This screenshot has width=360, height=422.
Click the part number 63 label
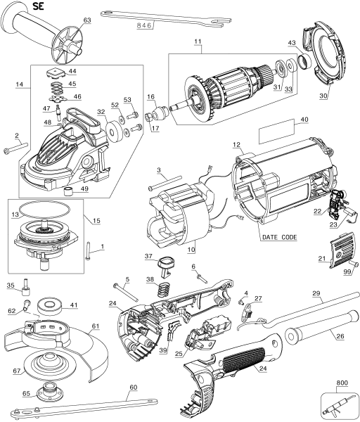(87, 20)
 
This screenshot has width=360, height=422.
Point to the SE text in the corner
(19, 8)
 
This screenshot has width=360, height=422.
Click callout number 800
(342, 383)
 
